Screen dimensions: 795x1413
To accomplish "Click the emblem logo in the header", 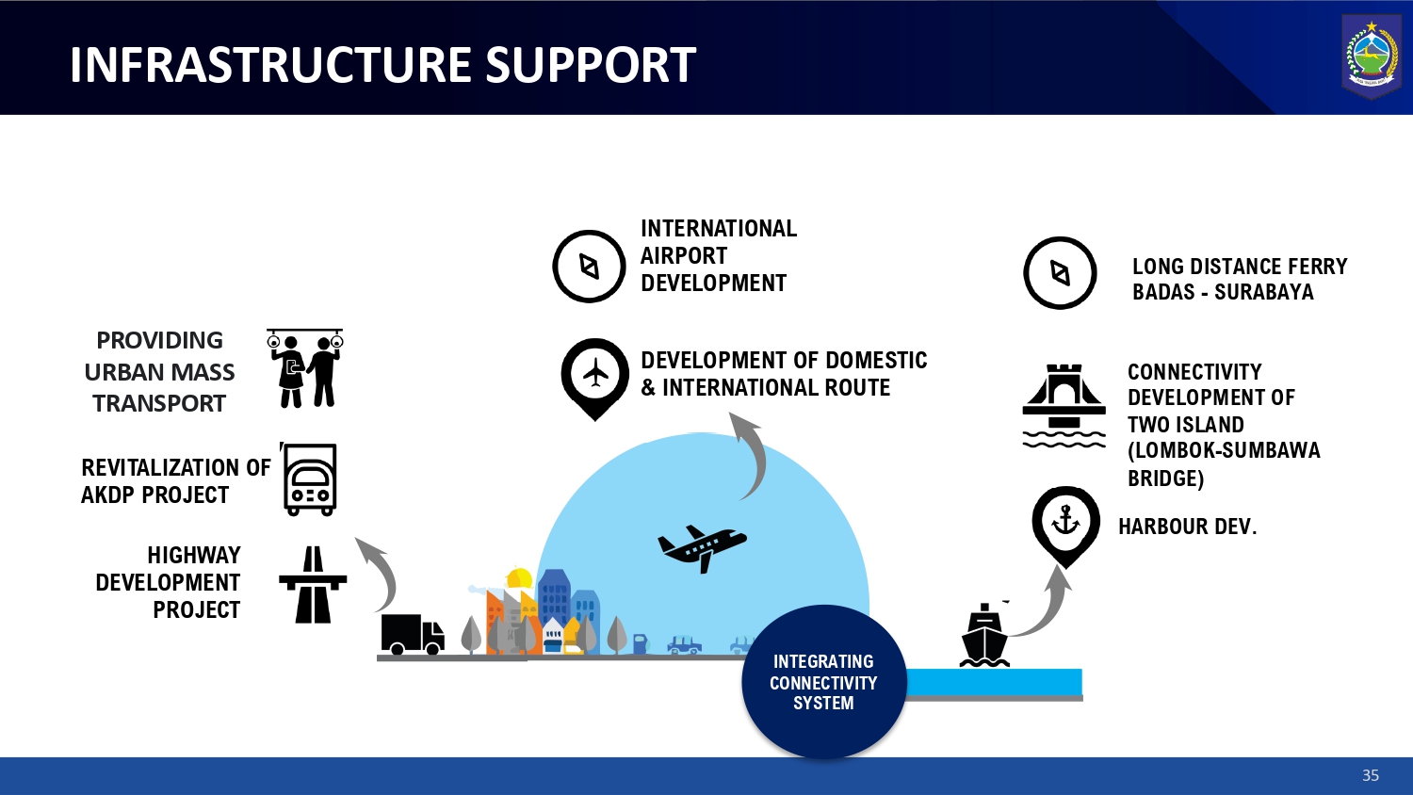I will pyautogui.click(x=1372, y=57).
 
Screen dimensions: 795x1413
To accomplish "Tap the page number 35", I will pyautogui.click(x=1371, y=775).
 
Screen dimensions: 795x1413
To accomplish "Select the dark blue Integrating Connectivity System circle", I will pyautogui.click(x=823, y=682).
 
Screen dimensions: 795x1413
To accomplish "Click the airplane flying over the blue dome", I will pyautogui.click(x=702, y=546).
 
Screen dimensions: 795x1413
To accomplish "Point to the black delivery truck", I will pyautogui.click(x=412, y=634).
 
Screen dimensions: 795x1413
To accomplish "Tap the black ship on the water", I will pyautogui.click(x=984, y=637).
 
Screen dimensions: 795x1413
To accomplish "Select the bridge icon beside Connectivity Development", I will pyautogui.click(x=1064, y=405).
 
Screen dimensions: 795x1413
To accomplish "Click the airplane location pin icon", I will pyautogui.click(x=594, y=376).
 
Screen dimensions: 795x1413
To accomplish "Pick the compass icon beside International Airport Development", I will pyautogui.click(x=589, y=267).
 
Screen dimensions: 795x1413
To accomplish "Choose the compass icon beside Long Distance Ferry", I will pyautogui.click(x=1060, y=273).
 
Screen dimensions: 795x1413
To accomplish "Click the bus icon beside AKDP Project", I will pyautogui.click(x=310, y=480).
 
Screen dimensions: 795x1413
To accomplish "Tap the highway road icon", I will pyautogui.click(x=313, y=585).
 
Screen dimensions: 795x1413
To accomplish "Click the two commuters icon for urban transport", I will pyautogui.click(x=305, y=368).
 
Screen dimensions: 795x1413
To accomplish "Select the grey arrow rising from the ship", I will pyautogui.click(x=1048, y=603).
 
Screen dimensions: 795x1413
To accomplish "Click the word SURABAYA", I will pyautogui.click(x=1263, y=292).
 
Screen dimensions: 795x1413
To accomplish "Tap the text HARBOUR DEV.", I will pyautogui.click(x=1187, y=527).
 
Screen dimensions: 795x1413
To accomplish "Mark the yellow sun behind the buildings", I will pyautogui.click(x=519, y=578).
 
